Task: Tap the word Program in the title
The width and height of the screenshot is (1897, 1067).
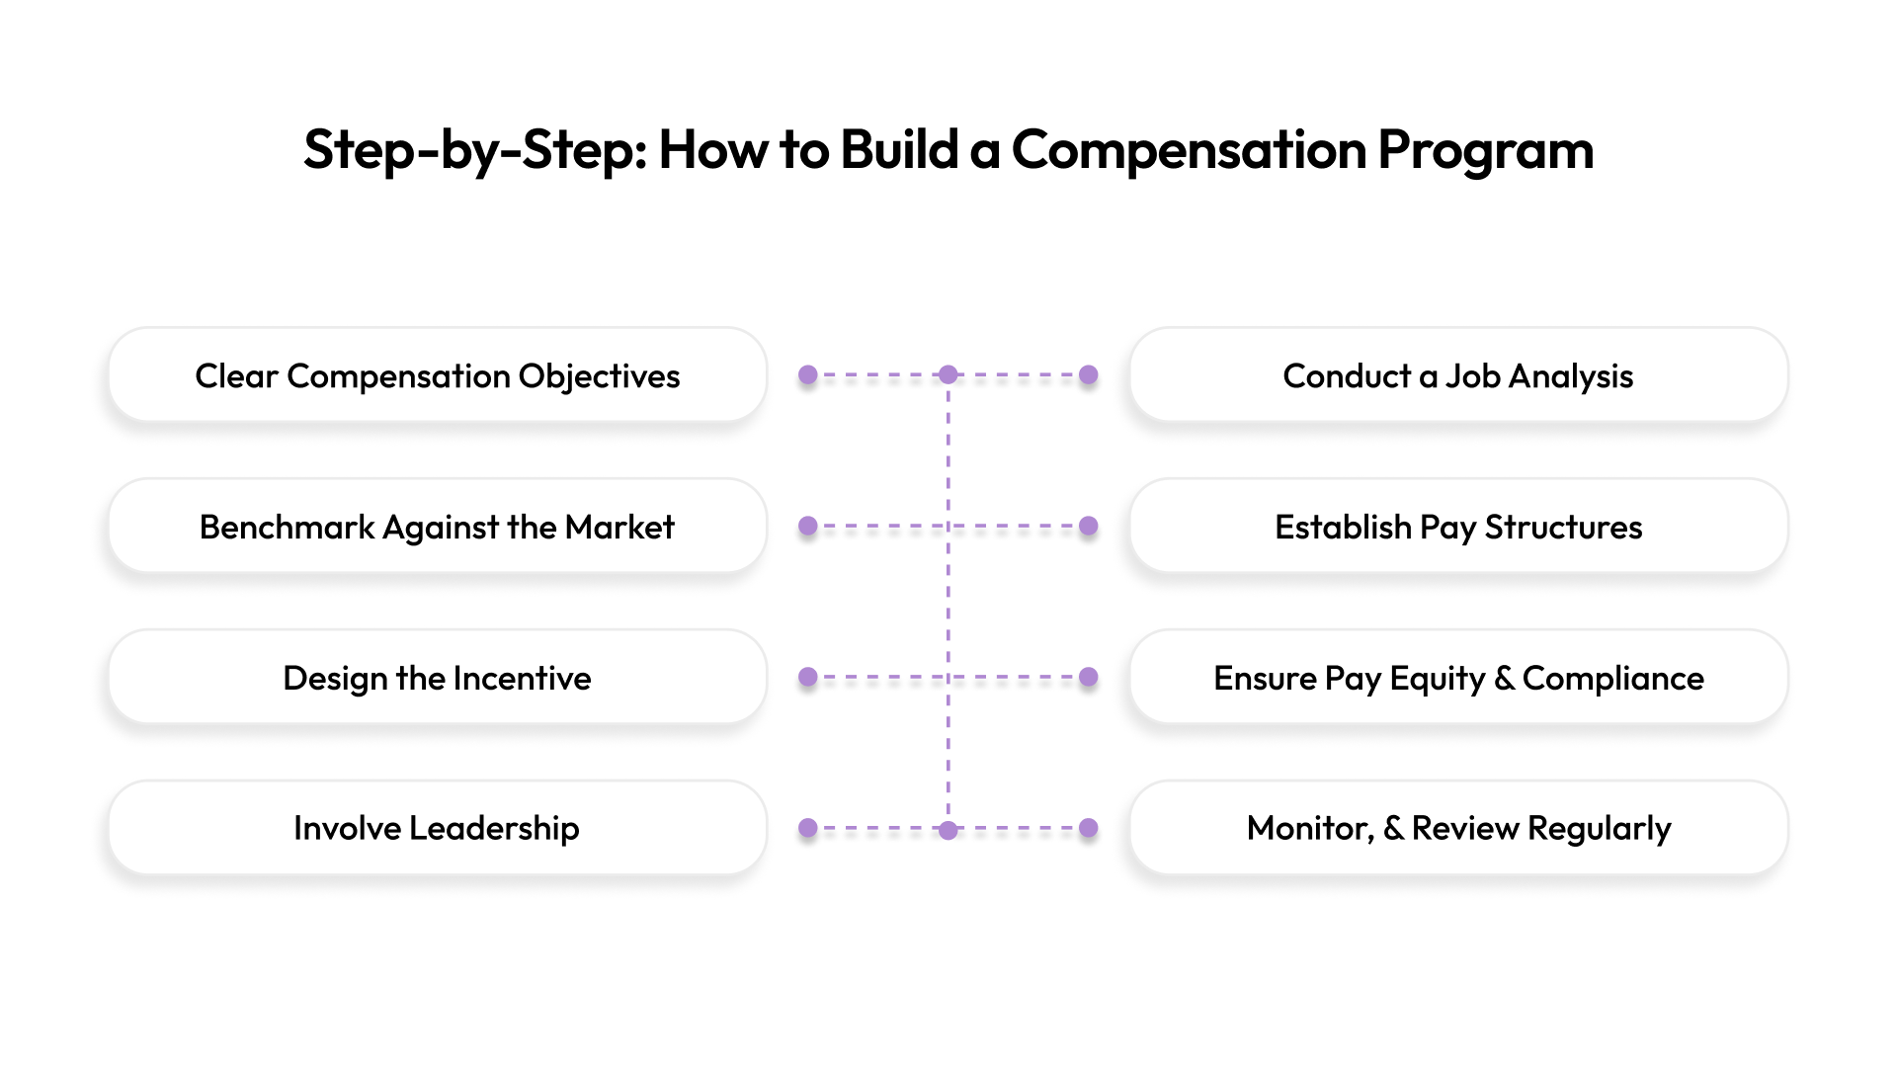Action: [1485, 150]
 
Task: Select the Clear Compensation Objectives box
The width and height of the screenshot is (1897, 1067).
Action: [437, 375]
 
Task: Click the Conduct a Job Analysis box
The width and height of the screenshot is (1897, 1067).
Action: [1458, 375]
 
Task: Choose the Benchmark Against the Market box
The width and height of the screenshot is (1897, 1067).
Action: [437, 527]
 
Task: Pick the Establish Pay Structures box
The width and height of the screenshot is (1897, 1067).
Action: [1458, 527]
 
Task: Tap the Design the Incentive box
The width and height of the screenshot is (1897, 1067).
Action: [437, 678]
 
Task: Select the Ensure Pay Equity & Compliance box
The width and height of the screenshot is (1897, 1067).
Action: [1458, 678]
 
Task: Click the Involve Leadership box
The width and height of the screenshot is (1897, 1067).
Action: [437, 828]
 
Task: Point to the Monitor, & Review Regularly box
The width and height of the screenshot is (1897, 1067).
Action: [1458, 828]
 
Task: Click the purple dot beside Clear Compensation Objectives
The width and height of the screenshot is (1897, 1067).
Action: [808, 375]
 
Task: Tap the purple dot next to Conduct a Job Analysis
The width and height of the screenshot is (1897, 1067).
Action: [1089, 375]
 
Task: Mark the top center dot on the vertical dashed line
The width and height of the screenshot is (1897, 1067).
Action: [948, 375]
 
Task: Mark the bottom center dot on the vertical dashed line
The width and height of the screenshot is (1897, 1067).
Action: [948, 830]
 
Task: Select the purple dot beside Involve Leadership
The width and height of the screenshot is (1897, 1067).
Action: [808, 828]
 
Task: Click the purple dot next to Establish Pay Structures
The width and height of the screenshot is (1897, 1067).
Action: [1089, 527]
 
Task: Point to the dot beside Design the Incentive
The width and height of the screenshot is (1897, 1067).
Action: [808, 678]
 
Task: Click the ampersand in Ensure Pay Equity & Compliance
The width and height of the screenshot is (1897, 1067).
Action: [1504, 679]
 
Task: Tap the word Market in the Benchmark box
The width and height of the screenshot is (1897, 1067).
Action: [619, 527]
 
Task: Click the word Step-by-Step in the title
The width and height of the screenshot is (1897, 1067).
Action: [474, 150]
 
